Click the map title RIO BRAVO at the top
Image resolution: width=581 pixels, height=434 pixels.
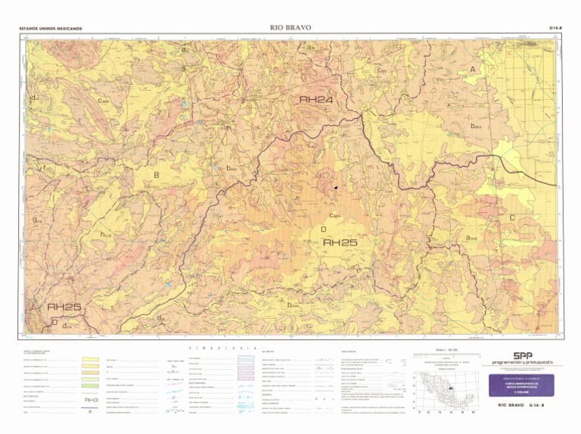click(290, 28)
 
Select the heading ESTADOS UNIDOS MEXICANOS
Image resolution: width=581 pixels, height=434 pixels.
click(51, 30)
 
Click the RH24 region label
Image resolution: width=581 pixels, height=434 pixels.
click(316, 99)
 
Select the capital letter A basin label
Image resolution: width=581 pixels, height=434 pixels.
click(473, 70)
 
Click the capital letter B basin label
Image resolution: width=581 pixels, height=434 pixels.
click(157, 175)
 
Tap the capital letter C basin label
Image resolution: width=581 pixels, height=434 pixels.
click(512, 218)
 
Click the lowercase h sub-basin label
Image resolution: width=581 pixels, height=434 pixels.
click(104, 235)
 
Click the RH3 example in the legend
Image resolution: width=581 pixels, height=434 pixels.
click(92, 401)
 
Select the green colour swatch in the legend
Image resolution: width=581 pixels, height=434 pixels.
click(92, 386)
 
